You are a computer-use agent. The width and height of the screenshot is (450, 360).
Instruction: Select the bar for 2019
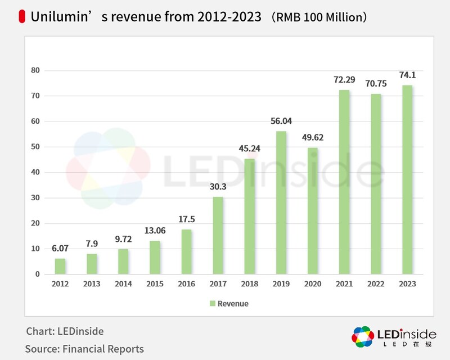tap(280, 202)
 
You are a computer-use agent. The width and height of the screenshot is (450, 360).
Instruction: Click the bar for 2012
tap(60, 266)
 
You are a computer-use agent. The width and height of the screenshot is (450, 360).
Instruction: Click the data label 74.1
tap(408, 75)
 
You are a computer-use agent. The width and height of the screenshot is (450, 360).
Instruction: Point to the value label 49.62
tap(312, 137)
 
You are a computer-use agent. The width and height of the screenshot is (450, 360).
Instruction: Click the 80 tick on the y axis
tap(36, 70)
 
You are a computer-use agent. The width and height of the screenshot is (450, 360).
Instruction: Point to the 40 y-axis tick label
tap(36, 172)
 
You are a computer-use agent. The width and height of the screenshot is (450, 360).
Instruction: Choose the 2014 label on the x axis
tap(123, 284)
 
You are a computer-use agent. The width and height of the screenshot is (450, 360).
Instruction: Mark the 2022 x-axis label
tap(376, 284)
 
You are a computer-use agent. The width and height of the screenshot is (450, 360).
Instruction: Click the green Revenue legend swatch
tap(213, 304)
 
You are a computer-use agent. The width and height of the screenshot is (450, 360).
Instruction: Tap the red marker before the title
tap(22, 17)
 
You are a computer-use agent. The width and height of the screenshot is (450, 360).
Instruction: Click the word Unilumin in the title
tap(57, 17)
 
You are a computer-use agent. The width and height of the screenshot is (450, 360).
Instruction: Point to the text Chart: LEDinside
tap(65, 331)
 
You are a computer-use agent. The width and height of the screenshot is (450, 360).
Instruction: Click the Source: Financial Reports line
tap(84, 349)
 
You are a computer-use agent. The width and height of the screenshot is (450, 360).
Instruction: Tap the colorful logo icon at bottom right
tap(363, 336)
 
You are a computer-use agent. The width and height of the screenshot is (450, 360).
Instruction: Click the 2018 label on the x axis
tap(249, 284)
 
